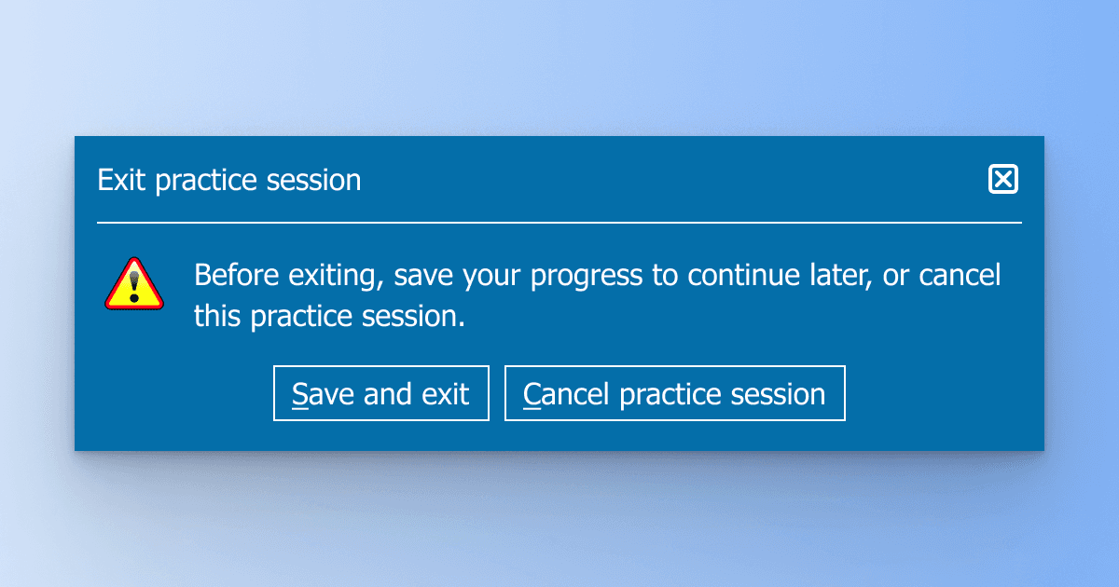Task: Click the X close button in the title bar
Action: coord(1003,179)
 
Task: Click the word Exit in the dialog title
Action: coord(121,180)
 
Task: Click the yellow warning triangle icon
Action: coord(133,283)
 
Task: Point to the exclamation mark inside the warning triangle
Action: coord(133,281)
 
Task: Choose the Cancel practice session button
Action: coord(674,393)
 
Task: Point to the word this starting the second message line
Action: coord(217,316)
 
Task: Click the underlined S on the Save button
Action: coord(299,394)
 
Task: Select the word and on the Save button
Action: coord(388,393)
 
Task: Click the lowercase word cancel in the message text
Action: coord(960,276)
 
